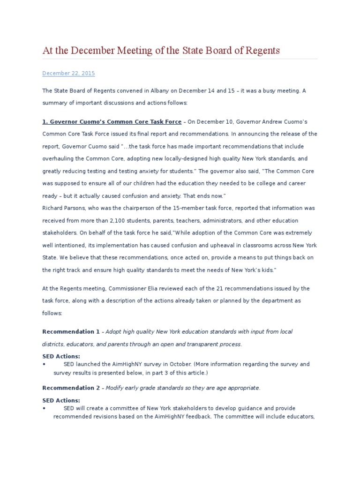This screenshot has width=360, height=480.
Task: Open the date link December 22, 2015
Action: click(x=68, y=74)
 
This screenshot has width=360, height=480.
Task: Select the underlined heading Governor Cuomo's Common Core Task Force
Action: click(x=112, y=122)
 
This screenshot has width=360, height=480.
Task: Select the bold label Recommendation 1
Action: click(x=71, y=332)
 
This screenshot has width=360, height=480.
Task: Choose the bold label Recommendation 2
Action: click(x=71, y=388)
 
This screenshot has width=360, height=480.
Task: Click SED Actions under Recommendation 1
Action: click(x=61, y=357)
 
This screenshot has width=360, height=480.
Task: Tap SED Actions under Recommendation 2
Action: click(x=61, y=400)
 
